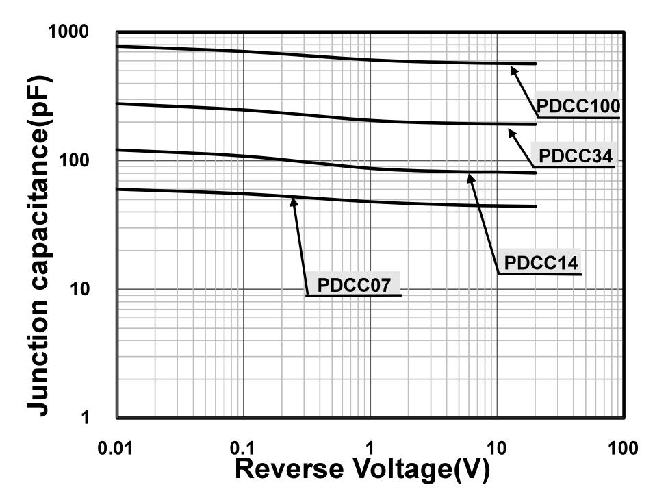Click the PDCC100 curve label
[578, 106]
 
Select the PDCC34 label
[575, 156]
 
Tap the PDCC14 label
[541, 262]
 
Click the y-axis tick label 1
[86, 417]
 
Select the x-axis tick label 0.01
[116, 449]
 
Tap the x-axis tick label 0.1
[243, 449]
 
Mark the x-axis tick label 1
[370, 449]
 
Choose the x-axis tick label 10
[496, 449]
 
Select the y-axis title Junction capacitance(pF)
[40, 245]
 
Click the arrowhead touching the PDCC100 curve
[512, 66]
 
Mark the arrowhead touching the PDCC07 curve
[294, 200]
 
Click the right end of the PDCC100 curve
[535, 64]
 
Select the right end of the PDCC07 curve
[535, 206]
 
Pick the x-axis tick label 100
[622, 449]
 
